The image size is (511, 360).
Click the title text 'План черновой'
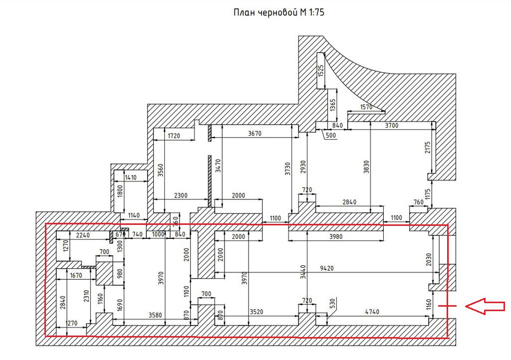pos(265,12)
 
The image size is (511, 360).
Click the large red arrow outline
pos(485,306)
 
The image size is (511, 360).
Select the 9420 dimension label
pos(326,268)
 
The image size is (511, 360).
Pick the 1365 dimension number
pos(332,105)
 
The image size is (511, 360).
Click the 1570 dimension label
pos(366,107)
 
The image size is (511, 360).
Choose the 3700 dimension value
pos(391,125)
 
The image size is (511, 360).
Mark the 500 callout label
pos(330,136)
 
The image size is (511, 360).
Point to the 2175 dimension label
pos(428,147)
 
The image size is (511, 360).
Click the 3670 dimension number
pos(255,134)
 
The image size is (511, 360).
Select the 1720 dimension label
pos(174,136)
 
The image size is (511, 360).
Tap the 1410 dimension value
pos(131,178)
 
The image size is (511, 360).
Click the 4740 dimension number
pos(372,312)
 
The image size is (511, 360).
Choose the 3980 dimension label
pos(336,237)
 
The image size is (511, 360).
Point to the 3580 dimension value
pos(156,315)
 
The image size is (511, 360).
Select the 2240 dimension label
pos(83,235)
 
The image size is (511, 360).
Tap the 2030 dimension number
pos(429,259)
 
